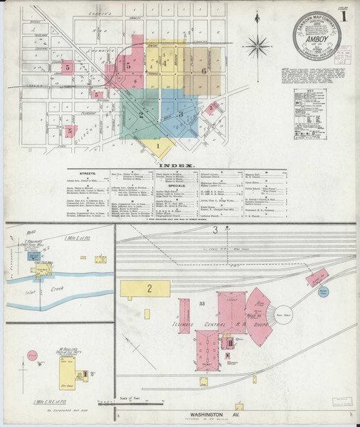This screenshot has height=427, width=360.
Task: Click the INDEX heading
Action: click(179, 165)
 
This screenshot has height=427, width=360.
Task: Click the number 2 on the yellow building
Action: click(149, 288)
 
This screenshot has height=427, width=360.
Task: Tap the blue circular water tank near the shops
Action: click(324, 292)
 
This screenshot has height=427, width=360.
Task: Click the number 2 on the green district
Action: click(141, 114)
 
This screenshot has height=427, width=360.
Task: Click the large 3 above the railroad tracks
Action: click(214, 228)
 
